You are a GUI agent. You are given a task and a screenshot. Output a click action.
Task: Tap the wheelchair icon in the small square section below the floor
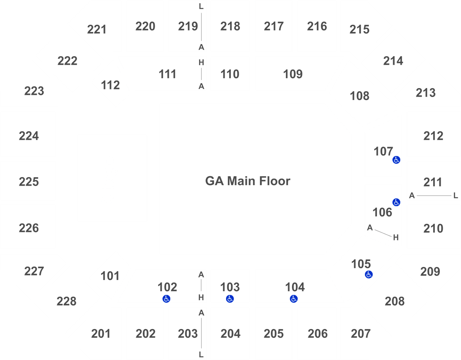coord(230,298)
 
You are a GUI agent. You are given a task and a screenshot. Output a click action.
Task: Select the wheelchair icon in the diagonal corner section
coord(368,274)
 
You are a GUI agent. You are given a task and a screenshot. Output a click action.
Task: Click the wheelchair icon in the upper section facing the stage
coord(396,160)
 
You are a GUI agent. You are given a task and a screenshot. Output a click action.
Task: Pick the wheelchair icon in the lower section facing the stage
coord(396,202)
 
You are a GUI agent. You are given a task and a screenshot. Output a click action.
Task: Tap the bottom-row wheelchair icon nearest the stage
coord(166,298)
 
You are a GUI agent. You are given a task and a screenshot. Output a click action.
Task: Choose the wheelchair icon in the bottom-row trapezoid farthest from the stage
coord(293,298)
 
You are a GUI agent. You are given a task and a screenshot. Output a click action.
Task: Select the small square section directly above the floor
coord(230,74)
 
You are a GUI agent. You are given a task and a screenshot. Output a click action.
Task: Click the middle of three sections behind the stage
coord(28,180)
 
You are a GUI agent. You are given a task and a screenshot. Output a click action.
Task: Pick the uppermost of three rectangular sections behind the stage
coord(28,134)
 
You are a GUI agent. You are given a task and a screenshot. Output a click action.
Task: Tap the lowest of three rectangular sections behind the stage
coord(28,226)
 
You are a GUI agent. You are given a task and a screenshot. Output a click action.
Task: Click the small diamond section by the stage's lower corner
coord(110,275)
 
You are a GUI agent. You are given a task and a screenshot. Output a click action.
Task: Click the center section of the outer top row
coord(230,26)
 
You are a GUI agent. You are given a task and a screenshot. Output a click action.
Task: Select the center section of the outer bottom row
coord(230,333)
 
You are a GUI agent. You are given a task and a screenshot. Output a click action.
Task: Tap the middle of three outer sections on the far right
coord(434,180)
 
